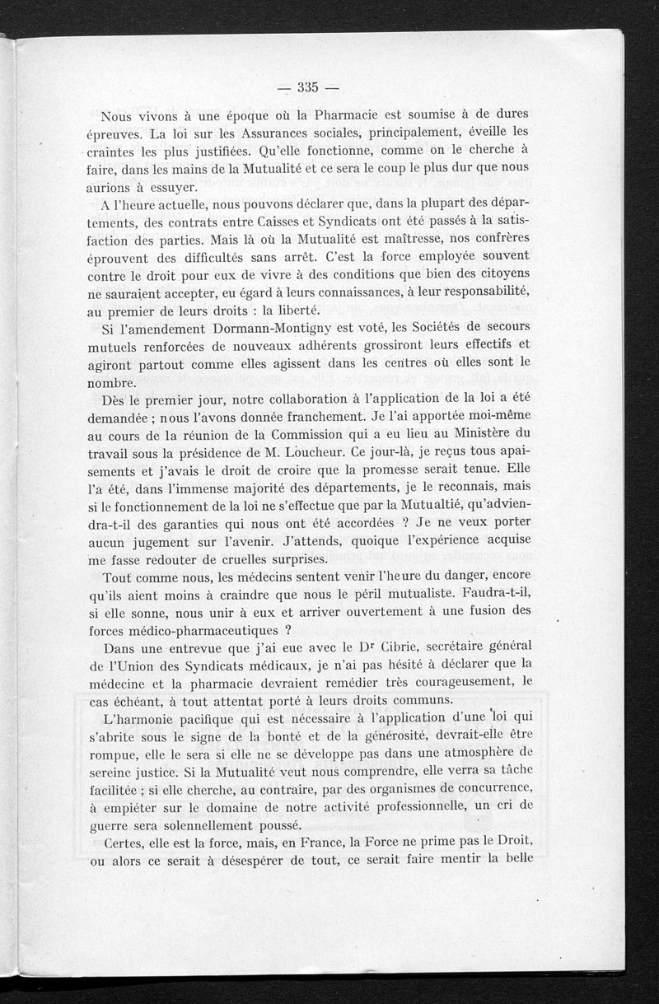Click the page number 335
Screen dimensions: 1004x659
point(308,87)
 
